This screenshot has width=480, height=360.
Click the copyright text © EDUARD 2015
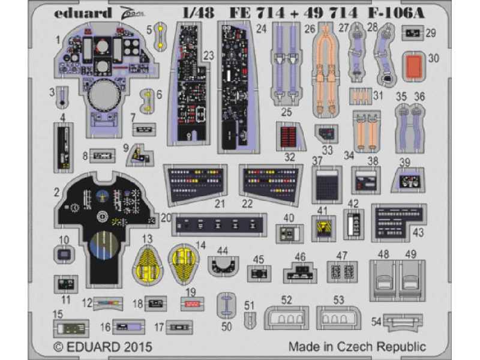pos(103,347)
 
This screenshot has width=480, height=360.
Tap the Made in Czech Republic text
pos(357,346)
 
